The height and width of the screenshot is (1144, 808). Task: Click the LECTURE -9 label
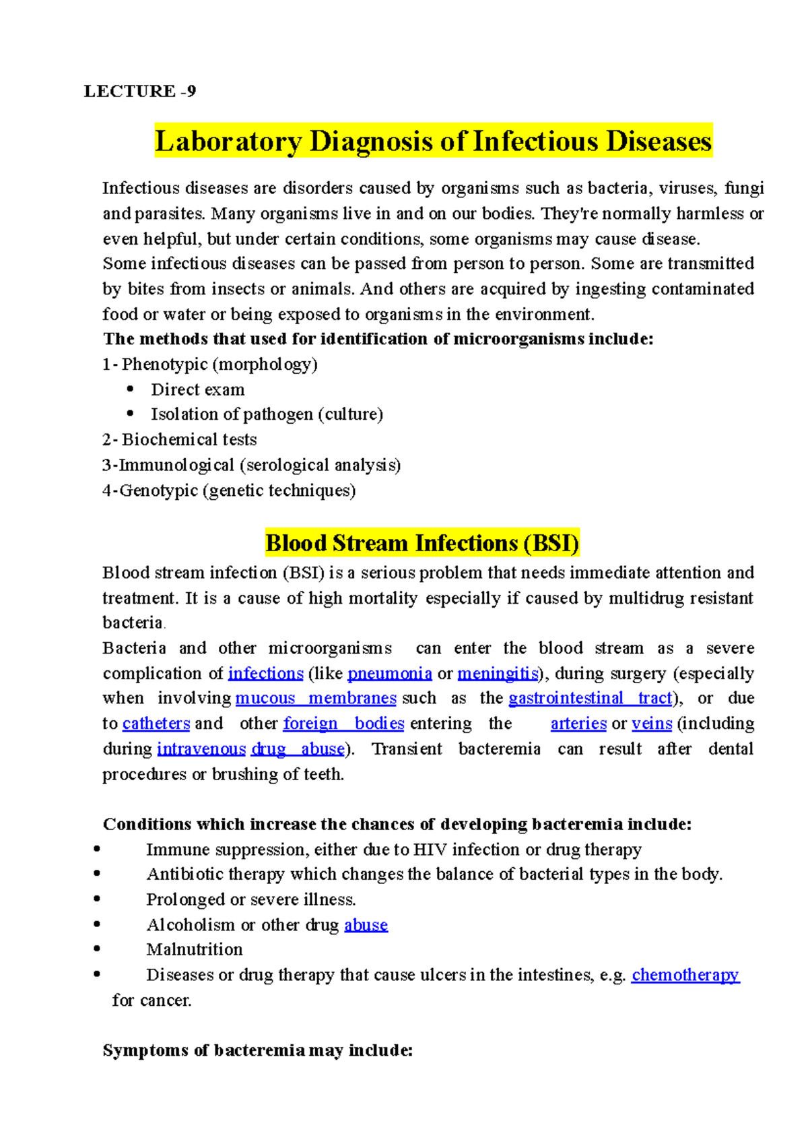pyautogui.click(x=139, y=91)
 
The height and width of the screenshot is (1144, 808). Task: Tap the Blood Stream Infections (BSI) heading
pyautogui.click(x=422, y=543)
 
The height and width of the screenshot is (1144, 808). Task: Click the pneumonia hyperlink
pyautogui.click(x=389, y=673)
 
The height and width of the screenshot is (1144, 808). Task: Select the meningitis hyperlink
pyautogui.click(x=498, y=673)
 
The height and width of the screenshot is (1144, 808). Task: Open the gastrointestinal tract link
pyautogui.click(x=590, y=698)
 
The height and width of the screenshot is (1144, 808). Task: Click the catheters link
pyautogui.click(x=156, y=724)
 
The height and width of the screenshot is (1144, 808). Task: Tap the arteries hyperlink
pyautogui.click(x=578, y=724)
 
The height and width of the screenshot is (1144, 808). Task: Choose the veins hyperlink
pyautogui.click(x=652, y=724)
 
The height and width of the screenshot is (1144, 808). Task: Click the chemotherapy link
pyautogui.click(x=685, y=975)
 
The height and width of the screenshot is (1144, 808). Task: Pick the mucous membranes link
pyautogui.click(x=316, y=698)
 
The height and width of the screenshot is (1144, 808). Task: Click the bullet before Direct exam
pyautogui.click(x=131, y=389)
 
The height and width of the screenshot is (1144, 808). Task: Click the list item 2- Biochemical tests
pyautogui.click(x=180, y=439)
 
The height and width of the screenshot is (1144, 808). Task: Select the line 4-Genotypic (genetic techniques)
pyautogui.click(x=229, y=490)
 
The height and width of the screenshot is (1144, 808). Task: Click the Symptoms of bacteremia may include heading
pyautogui.click(x=257, y=1050)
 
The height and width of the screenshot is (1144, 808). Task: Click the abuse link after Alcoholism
pyautogui.click(x=366, y=925)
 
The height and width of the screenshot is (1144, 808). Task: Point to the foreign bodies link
pyautogui.click(x=343, y=724)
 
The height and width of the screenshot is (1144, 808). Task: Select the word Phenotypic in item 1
pyautogui.click(x=164, y=364)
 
